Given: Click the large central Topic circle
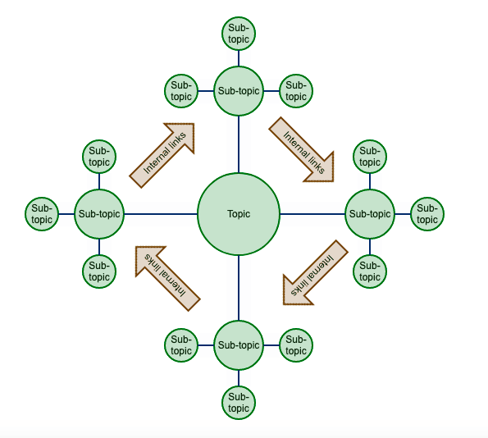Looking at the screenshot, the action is (x=239, y=214).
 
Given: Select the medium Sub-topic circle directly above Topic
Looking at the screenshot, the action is (x=239, y=91).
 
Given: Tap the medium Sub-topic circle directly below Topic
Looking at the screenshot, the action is (x=239, y=345).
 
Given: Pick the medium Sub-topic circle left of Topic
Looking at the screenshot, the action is (x=99, y=214).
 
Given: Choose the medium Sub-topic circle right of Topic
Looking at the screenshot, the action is (x=370, y=214).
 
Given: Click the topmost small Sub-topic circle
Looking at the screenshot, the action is (x=239, y=34).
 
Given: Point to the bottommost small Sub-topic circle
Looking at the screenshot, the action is (x=239, y=403).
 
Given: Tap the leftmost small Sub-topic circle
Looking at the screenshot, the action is (x=42, y=214).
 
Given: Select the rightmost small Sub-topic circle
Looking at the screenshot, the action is (x=427, y=214).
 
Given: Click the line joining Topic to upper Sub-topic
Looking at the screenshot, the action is (x=239, y=144).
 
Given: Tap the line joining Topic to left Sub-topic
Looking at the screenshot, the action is (x=161, y=214).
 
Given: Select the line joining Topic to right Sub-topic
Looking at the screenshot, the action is (x=312, y=214).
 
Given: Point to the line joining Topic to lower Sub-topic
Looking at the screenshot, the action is (x=239, y=288).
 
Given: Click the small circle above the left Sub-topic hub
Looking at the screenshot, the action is (x=99, y=157).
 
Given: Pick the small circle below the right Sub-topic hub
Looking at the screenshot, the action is (x=370, y=271).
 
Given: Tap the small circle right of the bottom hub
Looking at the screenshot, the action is (x=296, y=345).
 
